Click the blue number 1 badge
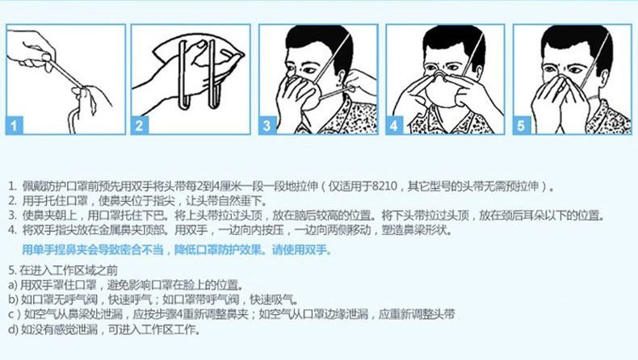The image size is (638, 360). tap(15, 125)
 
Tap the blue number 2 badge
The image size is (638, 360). tap(139, 125)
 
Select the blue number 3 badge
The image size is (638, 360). tap(267, 125)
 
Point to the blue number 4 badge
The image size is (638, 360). tap(394, 125)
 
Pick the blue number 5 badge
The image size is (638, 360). tap(521, 125)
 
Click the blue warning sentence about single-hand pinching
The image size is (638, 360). tap(177, 249)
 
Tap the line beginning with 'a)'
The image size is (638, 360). tap(126, 285)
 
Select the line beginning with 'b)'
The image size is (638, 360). tap(153, 299)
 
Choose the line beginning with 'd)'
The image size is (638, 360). tap(104, 329)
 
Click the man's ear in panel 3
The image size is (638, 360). tap(342, 78)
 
